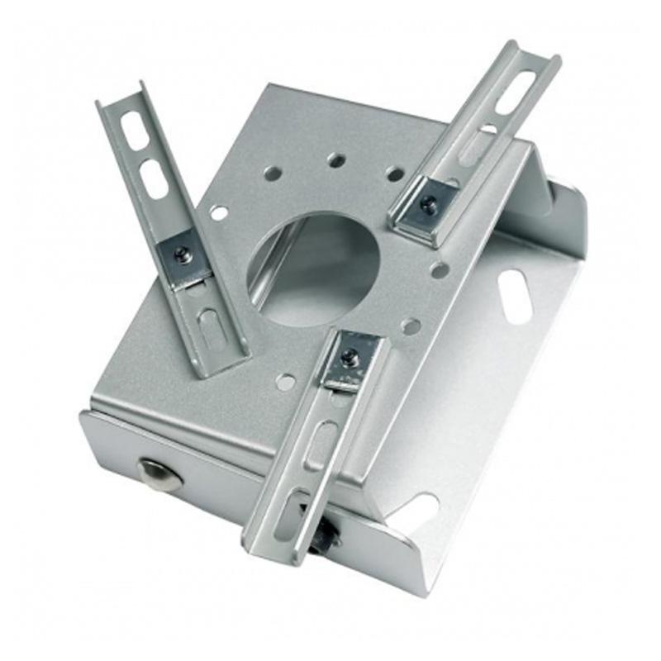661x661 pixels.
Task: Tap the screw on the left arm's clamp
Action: tap(183, 255)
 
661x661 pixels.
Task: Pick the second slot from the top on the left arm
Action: tap(154, 178)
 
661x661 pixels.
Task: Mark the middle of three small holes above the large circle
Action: tap(335, 159)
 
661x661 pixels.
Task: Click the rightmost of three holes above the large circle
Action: tap(395, 174)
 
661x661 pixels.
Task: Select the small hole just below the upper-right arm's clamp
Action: tap(440, 269)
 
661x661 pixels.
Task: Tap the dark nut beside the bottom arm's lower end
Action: tap(329, 537)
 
